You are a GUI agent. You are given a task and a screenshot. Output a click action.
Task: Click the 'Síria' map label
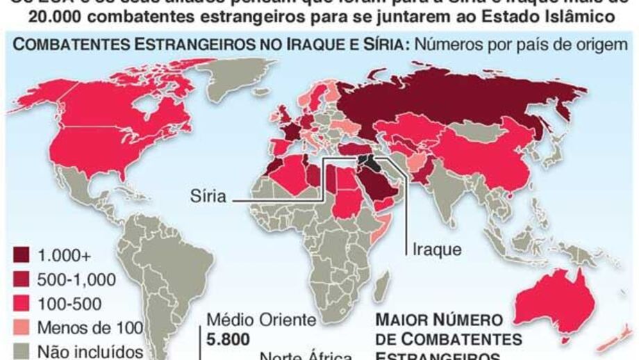click(208, 197)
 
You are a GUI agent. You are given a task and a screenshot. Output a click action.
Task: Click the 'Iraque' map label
click(436, 248)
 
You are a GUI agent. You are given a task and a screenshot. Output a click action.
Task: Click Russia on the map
click(451, 97)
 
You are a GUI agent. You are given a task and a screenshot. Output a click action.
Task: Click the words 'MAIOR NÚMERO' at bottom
click(439, 321)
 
